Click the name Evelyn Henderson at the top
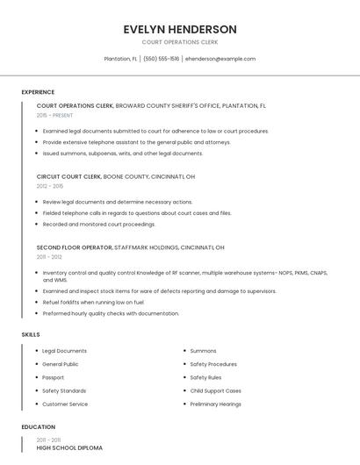tap(180, 29)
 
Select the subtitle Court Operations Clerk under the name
tap(180, 42)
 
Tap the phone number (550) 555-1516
tap(162, 59)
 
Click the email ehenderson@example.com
tap(220, 59)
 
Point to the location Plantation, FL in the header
tap(120, 59)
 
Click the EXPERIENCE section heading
tap(38, 92)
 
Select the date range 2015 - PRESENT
tap(54, 115)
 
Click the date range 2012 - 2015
tap(50, 186)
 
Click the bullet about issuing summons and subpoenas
tap(122, 154)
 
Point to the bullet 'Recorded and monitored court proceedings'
tap(98, 224)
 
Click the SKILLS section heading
tap(31, 334)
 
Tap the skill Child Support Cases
tap(215, 390)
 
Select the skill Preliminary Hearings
tap(215, 404)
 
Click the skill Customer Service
tap(65, 404)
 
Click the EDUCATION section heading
tap(38, 427)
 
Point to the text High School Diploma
tap(69, 447)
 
